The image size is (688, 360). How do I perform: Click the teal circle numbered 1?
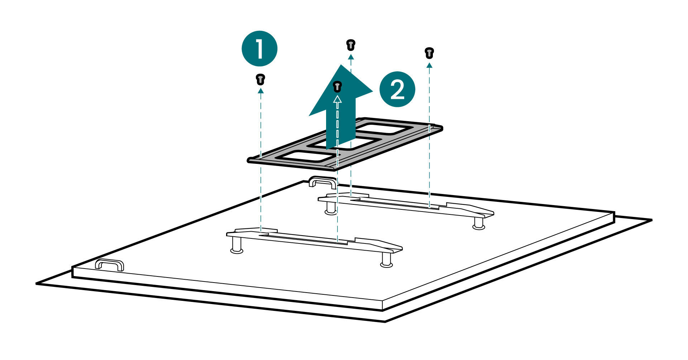tap(259, 48)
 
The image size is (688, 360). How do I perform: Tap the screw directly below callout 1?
tap(261, 79)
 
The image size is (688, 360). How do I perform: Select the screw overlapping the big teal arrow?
tap(337, 86)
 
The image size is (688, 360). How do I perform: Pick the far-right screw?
tap(429, 53)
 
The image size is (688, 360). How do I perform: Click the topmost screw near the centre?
tap(350, 45)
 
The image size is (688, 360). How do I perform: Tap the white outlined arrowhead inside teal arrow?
tap(337, 99)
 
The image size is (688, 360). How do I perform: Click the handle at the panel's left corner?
tap(109, 265)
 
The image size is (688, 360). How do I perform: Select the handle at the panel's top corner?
tap(322, 182)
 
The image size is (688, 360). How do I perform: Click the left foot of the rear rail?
tap(331, 208)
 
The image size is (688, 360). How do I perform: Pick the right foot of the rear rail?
tap(479, 223)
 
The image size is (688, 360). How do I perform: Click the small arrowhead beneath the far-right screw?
tap(429, 65)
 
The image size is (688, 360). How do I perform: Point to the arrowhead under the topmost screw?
tap(350, 57)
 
